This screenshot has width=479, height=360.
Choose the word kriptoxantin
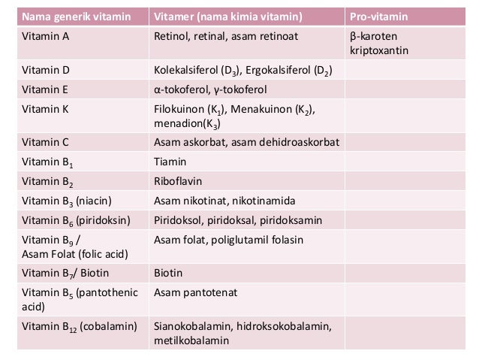pyautogui.click(x=381, y=52)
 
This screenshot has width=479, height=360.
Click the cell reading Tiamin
pyautogui.click(x=170, y=161)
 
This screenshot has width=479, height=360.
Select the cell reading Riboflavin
pyautogui.click(x=179, y=181)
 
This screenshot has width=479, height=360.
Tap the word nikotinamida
pyautogui.click(x=264, y=201)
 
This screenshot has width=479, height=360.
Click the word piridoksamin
pyautogui.click(x=291, y=221)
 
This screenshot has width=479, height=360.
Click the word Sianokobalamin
pyautogui.click(x=193, y=326)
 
